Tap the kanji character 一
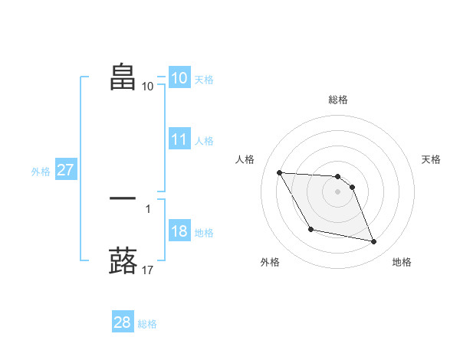point(123,198)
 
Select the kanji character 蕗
point(123,260)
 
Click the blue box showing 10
point(179,77)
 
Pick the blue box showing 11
point(179,139)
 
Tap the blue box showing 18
point(179,232)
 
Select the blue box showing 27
point(65,170)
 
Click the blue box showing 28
point(122,322)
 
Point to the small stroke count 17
point(147,270)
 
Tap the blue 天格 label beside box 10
point(204,79)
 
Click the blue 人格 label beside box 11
point(204,141)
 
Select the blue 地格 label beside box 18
point(204,233)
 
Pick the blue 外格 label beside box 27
point(41,172)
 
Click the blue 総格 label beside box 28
point(147,324)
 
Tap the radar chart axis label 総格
point(337,100)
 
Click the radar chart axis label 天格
point(432,159)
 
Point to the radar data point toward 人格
point(280,172)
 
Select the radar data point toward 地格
point(374,242)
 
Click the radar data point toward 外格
point(310,229)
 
